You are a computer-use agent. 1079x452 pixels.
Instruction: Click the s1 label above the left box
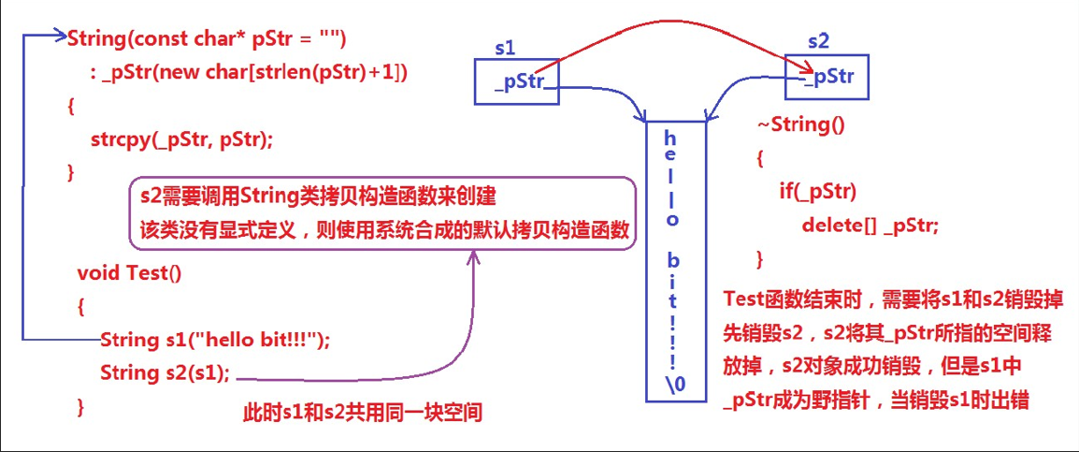pos(506,48)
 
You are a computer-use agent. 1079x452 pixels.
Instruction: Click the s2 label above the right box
pos(819,41)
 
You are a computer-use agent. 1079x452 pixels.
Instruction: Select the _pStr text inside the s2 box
pos(827,77)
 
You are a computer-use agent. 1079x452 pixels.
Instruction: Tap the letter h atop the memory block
pos(669,138)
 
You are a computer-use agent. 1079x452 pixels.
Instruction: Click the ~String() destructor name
pos(799,124)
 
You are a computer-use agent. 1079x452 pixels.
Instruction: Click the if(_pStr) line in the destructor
pos(817,192)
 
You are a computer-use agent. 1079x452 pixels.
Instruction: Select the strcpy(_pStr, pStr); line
pos(181,139)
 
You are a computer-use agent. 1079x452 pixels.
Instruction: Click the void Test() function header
pos(129,273)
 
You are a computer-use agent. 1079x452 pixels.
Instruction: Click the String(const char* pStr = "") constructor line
pos(207,39)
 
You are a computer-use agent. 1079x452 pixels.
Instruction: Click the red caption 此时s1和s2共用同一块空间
pos(363,413)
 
